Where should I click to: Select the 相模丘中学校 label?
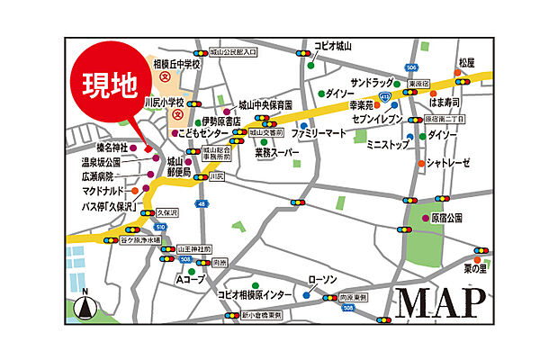pos(177,65)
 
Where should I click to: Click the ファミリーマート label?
pos(318,132)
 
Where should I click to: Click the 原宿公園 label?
pos(445,218)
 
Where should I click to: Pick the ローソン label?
pos(322,279)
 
